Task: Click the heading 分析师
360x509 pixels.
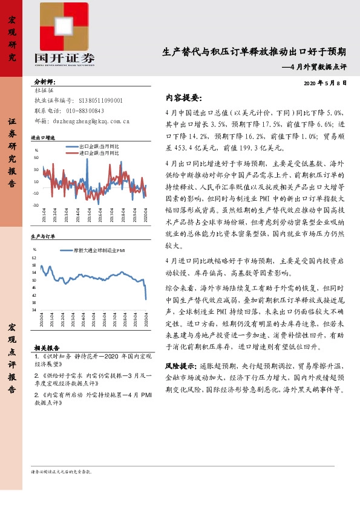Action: (x=45, y=82)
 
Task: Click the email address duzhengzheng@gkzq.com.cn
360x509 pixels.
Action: (x=91, y=121)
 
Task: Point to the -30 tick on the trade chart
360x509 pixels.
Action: (x=36, y=204)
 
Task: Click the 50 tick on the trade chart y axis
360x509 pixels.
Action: (x=36, y=158)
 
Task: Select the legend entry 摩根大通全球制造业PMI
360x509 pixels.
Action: (x=99, y=249)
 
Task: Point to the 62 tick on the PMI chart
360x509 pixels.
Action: (x=34, y=258)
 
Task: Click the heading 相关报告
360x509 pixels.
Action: (x=47, y=348)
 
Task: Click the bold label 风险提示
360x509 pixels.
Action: (x=180, y=366)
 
